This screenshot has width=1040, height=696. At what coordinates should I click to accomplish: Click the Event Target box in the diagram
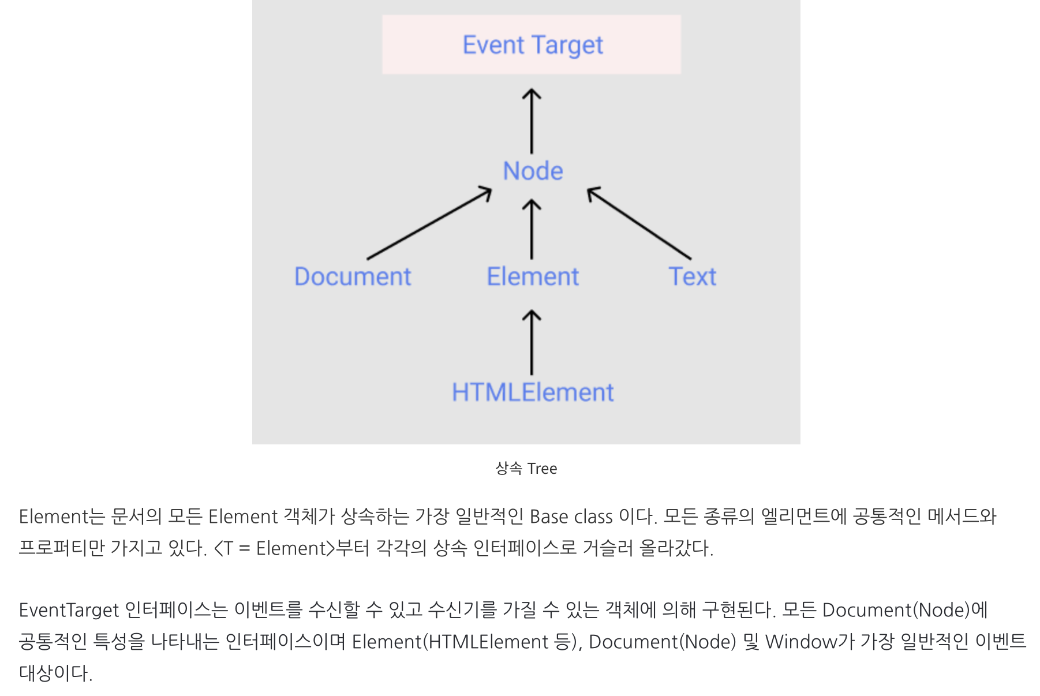pos(532,44)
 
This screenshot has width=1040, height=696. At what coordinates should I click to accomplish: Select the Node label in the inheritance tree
pos(533,171)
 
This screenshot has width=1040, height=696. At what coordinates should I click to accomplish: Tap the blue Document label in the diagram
pos(353,277)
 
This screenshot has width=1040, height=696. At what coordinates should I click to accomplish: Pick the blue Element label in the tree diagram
pos(532,277)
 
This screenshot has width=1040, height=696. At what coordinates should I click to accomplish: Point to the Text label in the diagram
pos(692,277)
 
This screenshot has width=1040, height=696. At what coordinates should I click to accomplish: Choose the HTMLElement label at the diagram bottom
pos(532,393)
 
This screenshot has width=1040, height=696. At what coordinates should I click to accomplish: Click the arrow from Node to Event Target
pos(532,121)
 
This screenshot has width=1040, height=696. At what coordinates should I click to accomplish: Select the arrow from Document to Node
pos(429,223)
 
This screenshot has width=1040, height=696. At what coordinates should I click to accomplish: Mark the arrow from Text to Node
pos(639,223)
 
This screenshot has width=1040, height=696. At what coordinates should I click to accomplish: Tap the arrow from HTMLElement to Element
pos(532,343)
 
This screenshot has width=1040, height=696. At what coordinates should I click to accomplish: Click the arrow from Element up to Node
pos(532,230)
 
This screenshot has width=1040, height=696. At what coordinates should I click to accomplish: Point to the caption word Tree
pos(542,469)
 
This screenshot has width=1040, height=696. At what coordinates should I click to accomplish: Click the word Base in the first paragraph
pos(548,517)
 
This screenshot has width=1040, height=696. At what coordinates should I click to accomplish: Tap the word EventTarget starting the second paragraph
pos(69,610)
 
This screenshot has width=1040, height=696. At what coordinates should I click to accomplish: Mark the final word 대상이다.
pos(55,673)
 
